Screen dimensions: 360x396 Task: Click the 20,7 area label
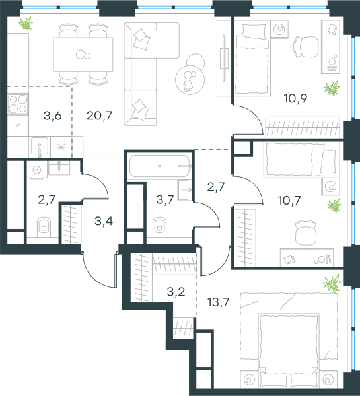[99, 115]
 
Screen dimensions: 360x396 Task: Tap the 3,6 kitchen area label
[53, 116]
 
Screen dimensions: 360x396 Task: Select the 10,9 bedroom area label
[295, 98]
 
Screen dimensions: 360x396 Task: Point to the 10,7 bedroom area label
[289, 201]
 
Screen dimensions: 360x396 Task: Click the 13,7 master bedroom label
[218, 302]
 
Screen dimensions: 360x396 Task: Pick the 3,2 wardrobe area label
[176, 292]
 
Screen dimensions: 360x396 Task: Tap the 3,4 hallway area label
[104, 221]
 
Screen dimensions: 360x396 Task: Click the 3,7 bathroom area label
[165, 200]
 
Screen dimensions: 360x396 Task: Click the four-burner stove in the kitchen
[18, 104]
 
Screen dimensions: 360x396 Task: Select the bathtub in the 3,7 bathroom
[159, 166]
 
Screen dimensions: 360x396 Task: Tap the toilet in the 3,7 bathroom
[159, 226]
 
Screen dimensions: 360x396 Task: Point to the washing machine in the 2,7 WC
[37, 170]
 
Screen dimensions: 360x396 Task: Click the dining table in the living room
[83, 54]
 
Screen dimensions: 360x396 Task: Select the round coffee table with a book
[190, 80]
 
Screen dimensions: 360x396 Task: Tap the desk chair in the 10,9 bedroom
[306, 47]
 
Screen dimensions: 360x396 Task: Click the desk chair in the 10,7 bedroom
[306, 232]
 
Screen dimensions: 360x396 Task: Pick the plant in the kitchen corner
[26, 24]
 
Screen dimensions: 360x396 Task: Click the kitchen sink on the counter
[40, 147]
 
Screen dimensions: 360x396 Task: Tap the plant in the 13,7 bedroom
[332, 283]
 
